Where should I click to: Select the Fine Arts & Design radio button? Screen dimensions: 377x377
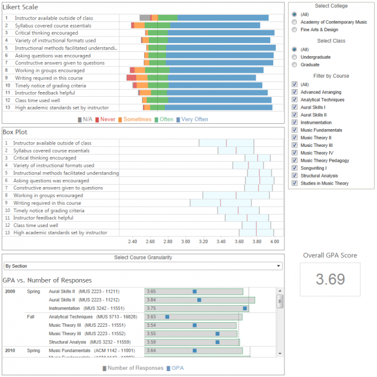click(295, 29)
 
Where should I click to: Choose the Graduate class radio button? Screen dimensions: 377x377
click(295, 65)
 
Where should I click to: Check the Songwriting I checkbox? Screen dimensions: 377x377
click(295, 168)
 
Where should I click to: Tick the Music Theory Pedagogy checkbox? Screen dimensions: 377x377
click(295, 160)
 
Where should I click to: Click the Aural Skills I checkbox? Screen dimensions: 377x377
click(295, 107)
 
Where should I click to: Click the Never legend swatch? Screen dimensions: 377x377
click(97, 119)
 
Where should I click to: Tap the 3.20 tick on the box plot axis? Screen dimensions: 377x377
click(203, 241)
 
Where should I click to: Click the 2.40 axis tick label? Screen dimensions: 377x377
click(132, 241)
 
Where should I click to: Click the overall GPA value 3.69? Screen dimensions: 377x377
click(330, 279)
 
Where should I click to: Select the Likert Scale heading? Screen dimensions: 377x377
click(21, 6)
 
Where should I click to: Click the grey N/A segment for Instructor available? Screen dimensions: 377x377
click(145, 18)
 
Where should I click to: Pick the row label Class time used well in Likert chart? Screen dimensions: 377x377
click(37, 100)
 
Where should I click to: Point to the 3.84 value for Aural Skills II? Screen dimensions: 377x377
click(151, 300)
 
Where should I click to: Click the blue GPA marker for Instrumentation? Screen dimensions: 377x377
click(245, 308)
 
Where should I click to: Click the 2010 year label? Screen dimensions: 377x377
click(10, 350)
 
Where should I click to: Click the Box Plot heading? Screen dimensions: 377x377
click(15, 132)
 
